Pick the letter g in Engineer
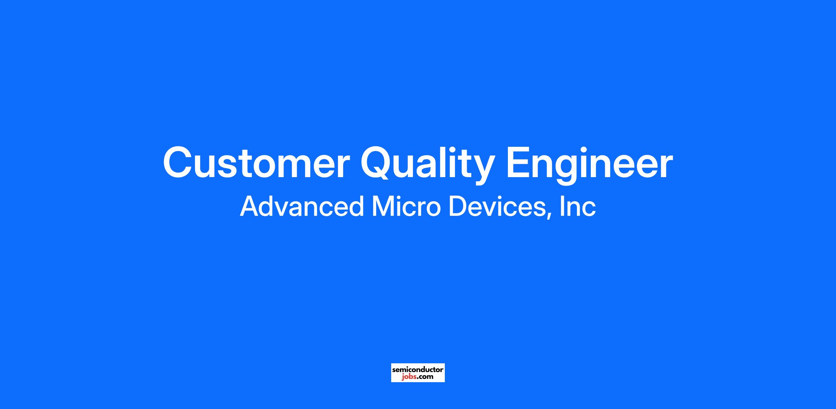pos(568,170)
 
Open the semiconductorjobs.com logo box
pos(418,373)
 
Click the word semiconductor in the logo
pos(418,370)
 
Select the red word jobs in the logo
pos(408,377)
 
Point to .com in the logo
pos(425,377)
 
